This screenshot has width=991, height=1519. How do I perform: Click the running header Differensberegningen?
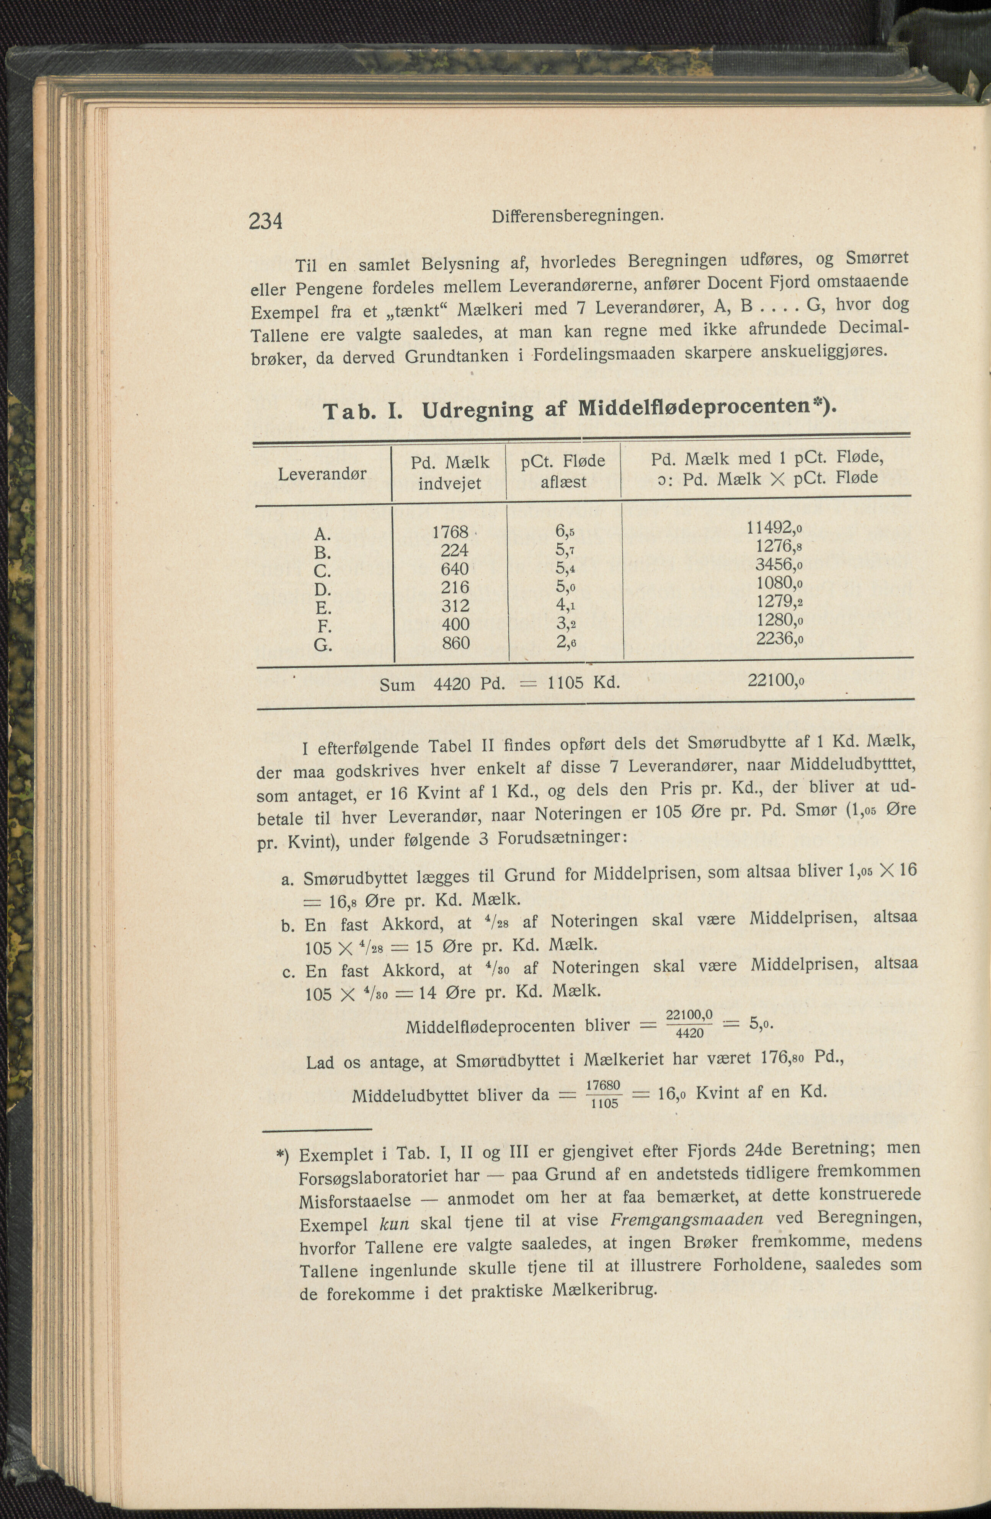point(578,217)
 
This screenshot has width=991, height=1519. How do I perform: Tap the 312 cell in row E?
point(455,606)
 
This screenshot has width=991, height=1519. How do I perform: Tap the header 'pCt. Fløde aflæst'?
point(563,471)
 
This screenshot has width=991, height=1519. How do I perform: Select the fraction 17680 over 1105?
point(604,1094)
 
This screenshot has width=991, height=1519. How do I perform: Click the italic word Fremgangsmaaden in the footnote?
point(687,1220)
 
